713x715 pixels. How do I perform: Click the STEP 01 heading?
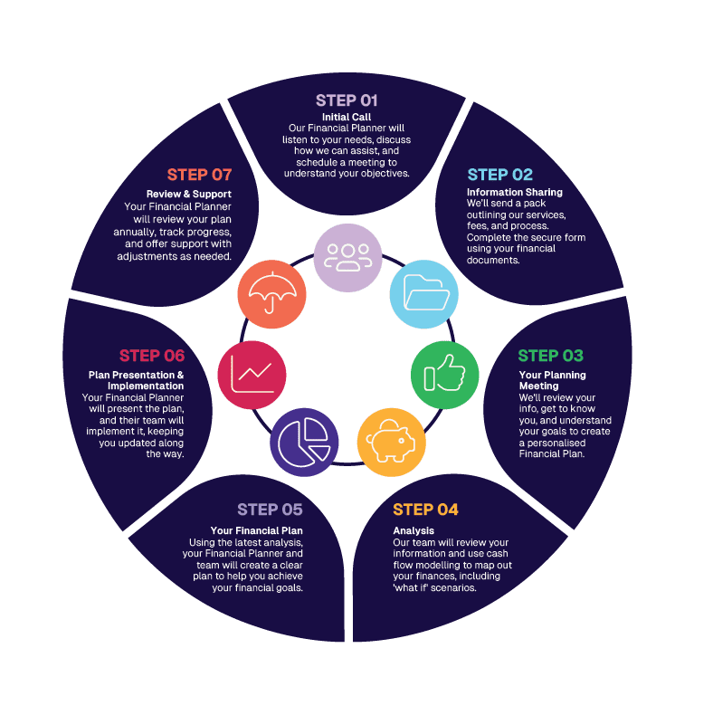[x=347, y=100]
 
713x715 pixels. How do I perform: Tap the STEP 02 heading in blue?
[x=499, y=175]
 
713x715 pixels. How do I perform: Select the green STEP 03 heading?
[x=550, y=356]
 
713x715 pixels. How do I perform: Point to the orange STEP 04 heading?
[x=425, y=510]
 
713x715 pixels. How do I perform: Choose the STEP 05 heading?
[x=270, y=510]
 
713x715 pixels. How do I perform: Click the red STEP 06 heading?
[x=152, y=356]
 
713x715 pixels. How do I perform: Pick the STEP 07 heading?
[x=199, y=175]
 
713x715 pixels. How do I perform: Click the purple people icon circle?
[x=347, y=258]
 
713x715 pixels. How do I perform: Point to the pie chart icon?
[x=304, y=441]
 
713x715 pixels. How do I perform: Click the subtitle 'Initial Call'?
[x=347, y=118]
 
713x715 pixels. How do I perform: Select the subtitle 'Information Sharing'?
[x=514, y=192]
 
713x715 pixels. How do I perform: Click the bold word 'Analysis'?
[x=414, y=530]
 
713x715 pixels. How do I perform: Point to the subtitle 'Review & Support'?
[x=189, y=194]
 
